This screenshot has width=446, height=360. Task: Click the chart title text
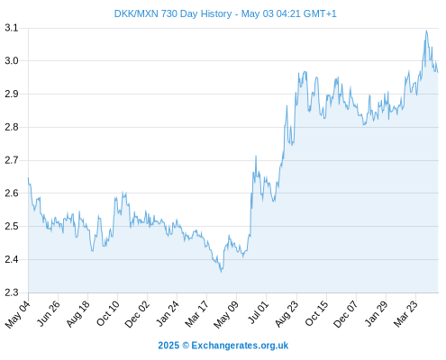point(225,13)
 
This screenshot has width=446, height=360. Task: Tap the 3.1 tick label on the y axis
point(12,28)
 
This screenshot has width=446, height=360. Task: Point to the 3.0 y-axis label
point(12,61)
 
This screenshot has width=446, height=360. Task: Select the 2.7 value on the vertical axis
point(12,160)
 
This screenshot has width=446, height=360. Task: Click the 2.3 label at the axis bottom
point(12,292)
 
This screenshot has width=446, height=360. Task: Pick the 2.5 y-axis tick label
point(12,226)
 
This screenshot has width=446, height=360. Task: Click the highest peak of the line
point(426,31)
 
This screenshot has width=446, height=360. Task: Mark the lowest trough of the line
point(222,272)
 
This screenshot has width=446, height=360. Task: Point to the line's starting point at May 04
point(29,177)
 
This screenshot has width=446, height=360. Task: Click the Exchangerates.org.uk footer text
point(240,346)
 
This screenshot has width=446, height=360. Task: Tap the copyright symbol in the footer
point(186,346)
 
